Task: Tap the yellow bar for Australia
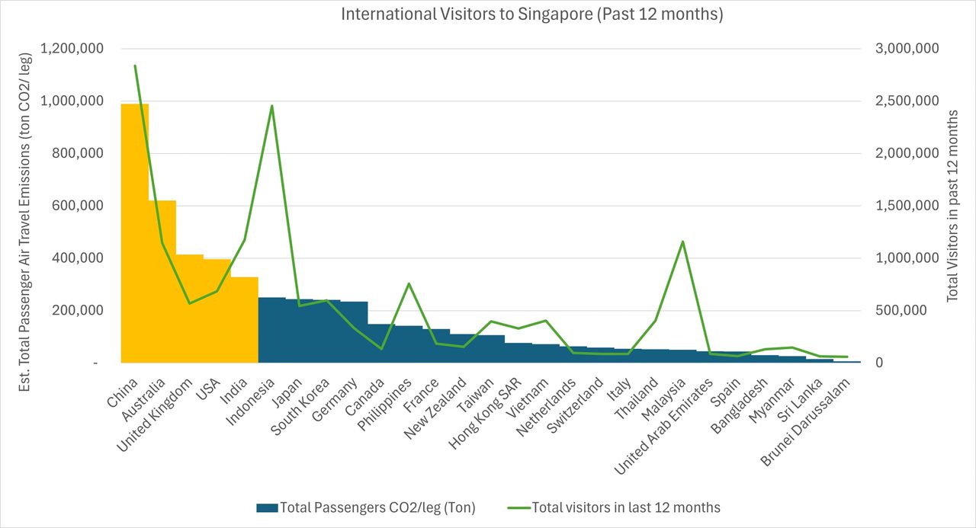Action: [162, 282]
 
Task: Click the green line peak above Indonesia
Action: [272, 106]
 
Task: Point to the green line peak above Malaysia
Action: [683, 242]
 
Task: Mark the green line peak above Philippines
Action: [409, 283]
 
